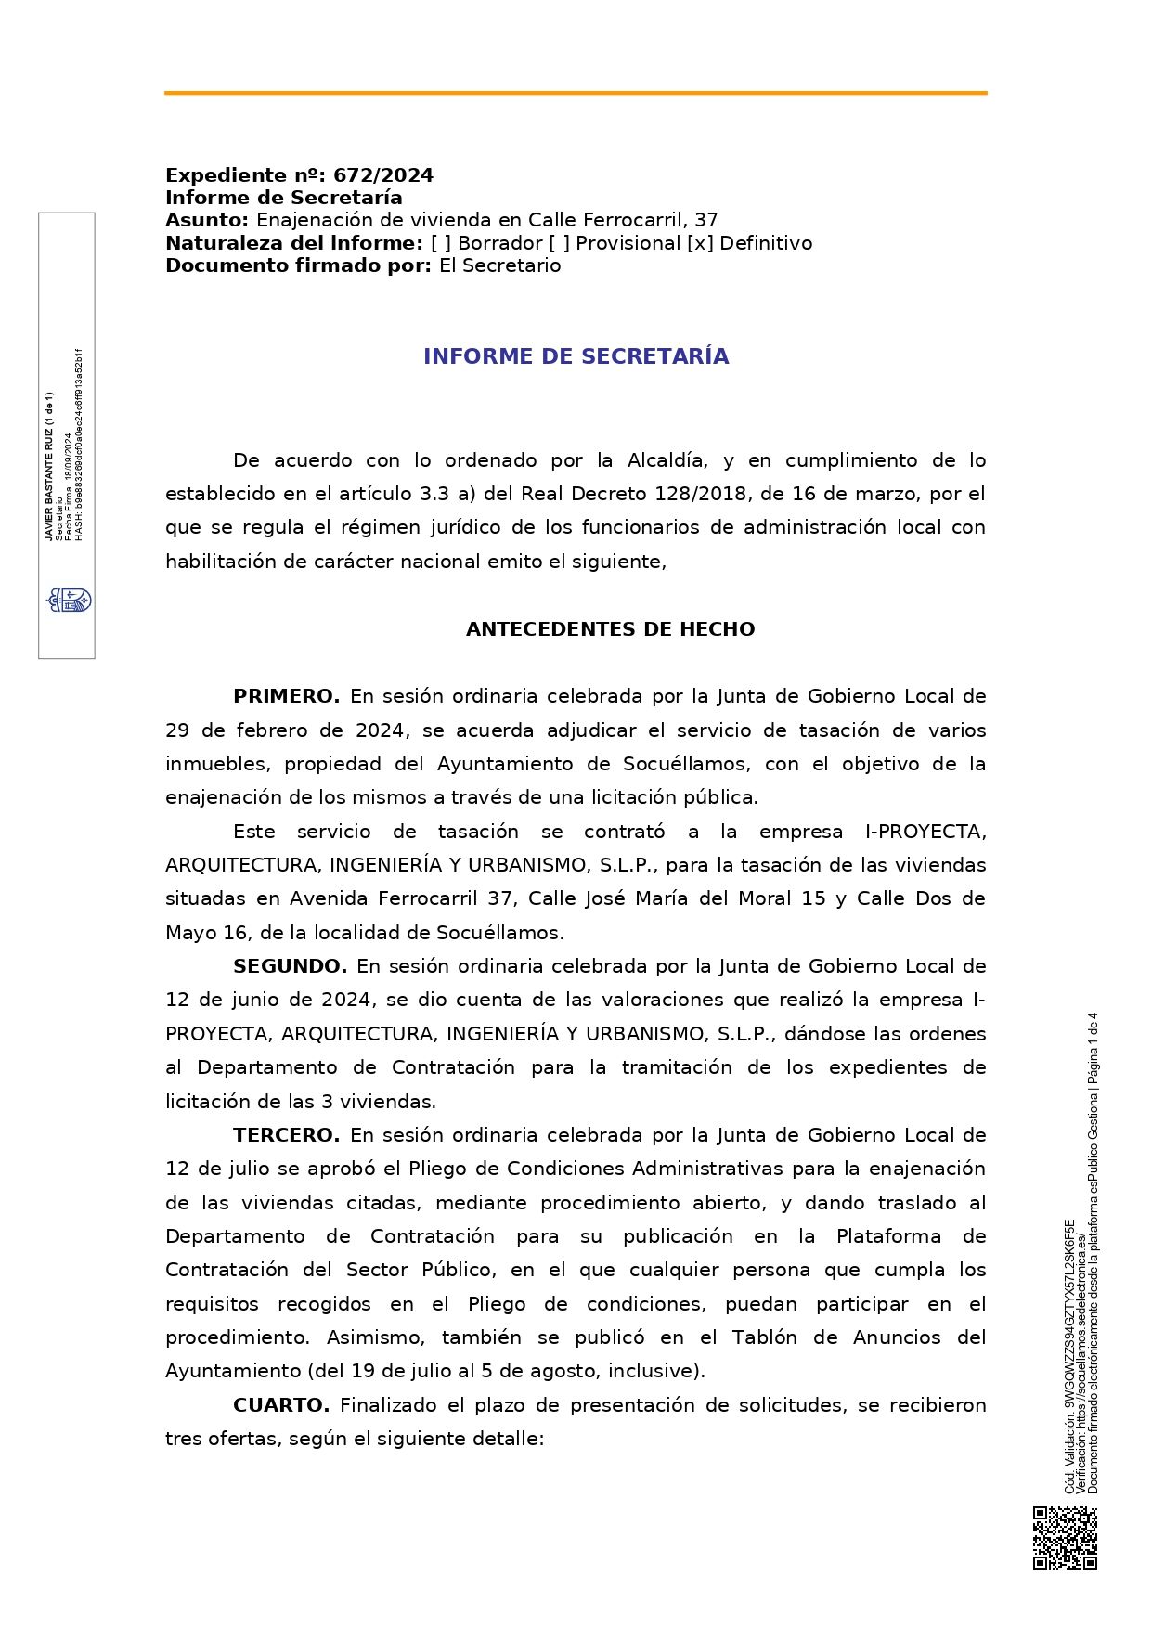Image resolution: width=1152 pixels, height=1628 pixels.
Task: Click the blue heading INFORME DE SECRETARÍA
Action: point(576,356)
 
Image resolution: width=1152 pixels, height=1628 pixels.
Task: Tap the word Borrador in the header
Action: point(499,243)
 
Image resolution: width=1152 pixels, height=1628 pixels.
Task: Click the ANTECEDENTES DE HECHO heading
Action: point(610,629)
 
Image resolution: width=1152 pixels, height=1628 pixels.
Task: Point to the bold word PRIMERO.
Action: point(286,696)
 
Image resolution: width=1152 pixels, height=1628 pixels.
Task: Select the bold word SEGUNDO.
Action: point(290,966)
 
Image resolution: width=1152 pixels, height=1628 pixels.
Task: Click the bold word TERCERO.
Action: point(286,1135)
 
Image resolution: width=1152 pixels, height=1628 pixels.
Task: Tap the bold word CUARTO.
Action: point(281,1405)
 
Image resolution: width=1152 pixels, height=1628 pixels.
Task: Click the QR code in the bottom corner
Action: point(1065,1537)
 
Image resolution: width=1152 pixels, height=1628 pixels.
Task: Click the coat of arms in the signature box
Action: point(70,600)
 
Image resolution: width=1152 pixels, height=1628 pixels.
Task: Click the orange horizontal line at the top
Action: point(576,93)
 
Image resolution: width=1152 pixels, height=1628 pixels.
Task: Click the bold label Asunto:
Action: point(207,220)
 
